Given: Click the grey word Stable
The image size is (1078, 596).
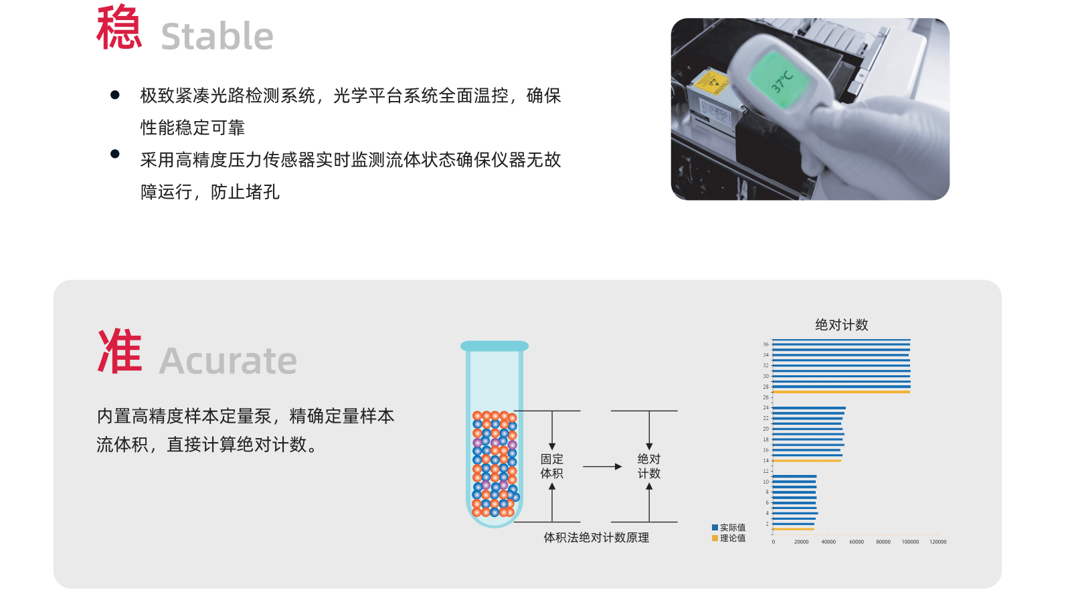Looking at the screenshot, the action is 217,35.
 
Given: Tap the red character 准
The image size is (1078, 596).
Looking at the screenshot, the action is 120,352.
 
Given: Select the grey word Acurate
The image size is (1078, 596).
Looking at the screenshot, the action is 228,361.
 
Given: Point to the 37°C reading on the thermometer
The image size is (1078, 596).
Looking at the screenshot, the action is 782,80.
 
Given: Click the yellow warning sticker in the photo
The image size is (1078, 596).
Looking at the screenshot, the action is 711,82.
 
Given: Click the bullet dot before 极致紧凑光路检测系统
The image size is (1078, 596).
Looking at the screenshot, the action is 115,95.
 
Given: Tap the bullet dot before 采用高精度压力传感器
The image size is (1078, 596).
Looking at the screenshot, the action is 115,154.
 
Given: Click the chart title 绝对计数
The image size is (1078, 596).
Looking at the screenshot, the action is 841,325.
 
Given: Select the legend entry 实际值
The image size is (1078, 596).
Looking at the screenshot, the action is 729,528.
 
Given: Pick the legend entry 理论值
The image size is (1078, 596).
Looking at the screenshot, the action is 729,538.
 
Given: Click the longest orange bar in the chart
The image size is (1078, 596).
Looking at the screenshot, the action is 841,392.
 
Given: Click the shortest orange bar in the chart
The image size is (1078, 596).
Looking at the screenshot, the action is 794,529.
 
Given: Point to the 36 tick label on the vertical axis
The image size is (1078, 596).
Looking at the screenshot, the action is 766,344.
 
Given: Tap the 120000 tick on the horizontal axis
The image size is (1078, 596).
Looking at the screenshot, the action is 938,542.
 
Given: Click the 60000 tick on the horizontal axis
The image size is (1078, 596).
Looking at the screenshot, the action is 856,542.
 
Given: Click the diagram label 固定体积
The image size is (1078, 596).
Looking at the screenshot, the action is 551,466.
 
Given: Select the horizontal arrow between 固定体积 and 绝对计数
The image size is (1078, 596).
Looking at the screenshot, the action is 602,467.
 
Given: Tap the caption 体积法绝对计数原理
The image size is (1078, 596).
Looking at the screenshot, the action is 596,538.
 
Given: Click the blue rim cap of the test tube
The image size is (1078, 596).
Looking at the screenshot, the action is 495,346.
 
